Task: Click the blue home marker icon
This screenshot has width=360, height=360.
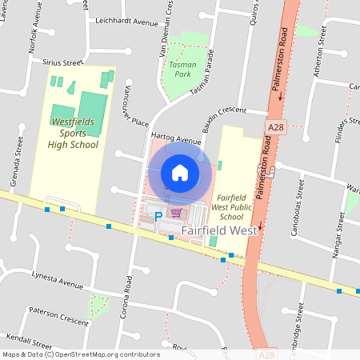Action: [180, 172]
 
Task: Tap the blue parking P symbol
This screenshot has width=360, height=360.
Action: [158, 215]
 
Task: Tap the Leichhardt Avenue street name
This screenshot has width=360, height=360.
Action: [126, 22]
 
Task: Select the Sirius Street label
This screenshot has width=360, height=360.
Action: [62, 62]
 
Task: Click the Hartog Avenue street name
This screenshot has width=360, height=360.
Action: [175, 138]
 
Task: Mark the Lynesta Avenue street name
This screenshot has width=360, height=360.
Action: [57, 285]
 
